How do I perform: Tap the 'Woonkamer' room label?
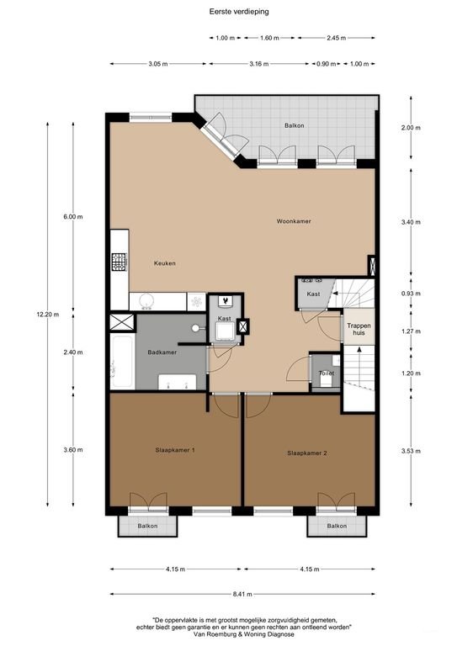[x=294, y=221]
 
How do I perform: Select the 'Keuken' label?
[x=164, y=264]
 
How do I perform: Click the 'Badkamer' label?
[x=162, y=352]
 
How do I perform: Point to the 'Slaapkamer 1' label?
[x=175, y=450]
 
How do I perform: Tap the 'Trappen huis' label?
[x=355, y=327]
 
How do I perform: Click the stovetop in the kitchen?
[x=118, y=262]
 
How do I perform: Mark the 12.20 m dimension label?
[x=47, y=315]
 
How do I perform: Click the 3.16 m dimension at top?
[x=258, y=64]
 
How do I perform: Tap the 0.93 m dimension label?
[x=410, y=294]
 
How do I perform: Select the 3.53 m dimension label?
[x=410, y=451]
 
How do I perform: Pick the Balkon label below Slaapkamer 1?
[x=148, y=526]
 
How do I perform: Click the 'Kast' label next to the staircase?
[x=313, y=294]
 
